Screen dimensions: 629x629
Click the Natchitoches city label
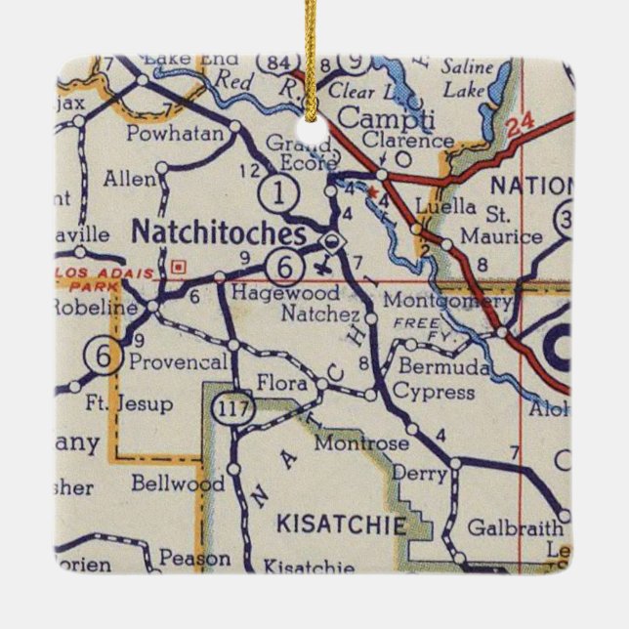pyautogui.click(x=218, y=233)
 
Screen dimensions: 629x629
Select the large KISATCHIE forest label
pyautogui.click(x=342, y=525)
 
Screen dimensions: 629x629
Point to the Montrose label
pyautogui.click(x=361, y=443)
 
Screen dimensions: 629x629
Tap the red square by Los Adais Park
pyautogui.click(x=177, y=265)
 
